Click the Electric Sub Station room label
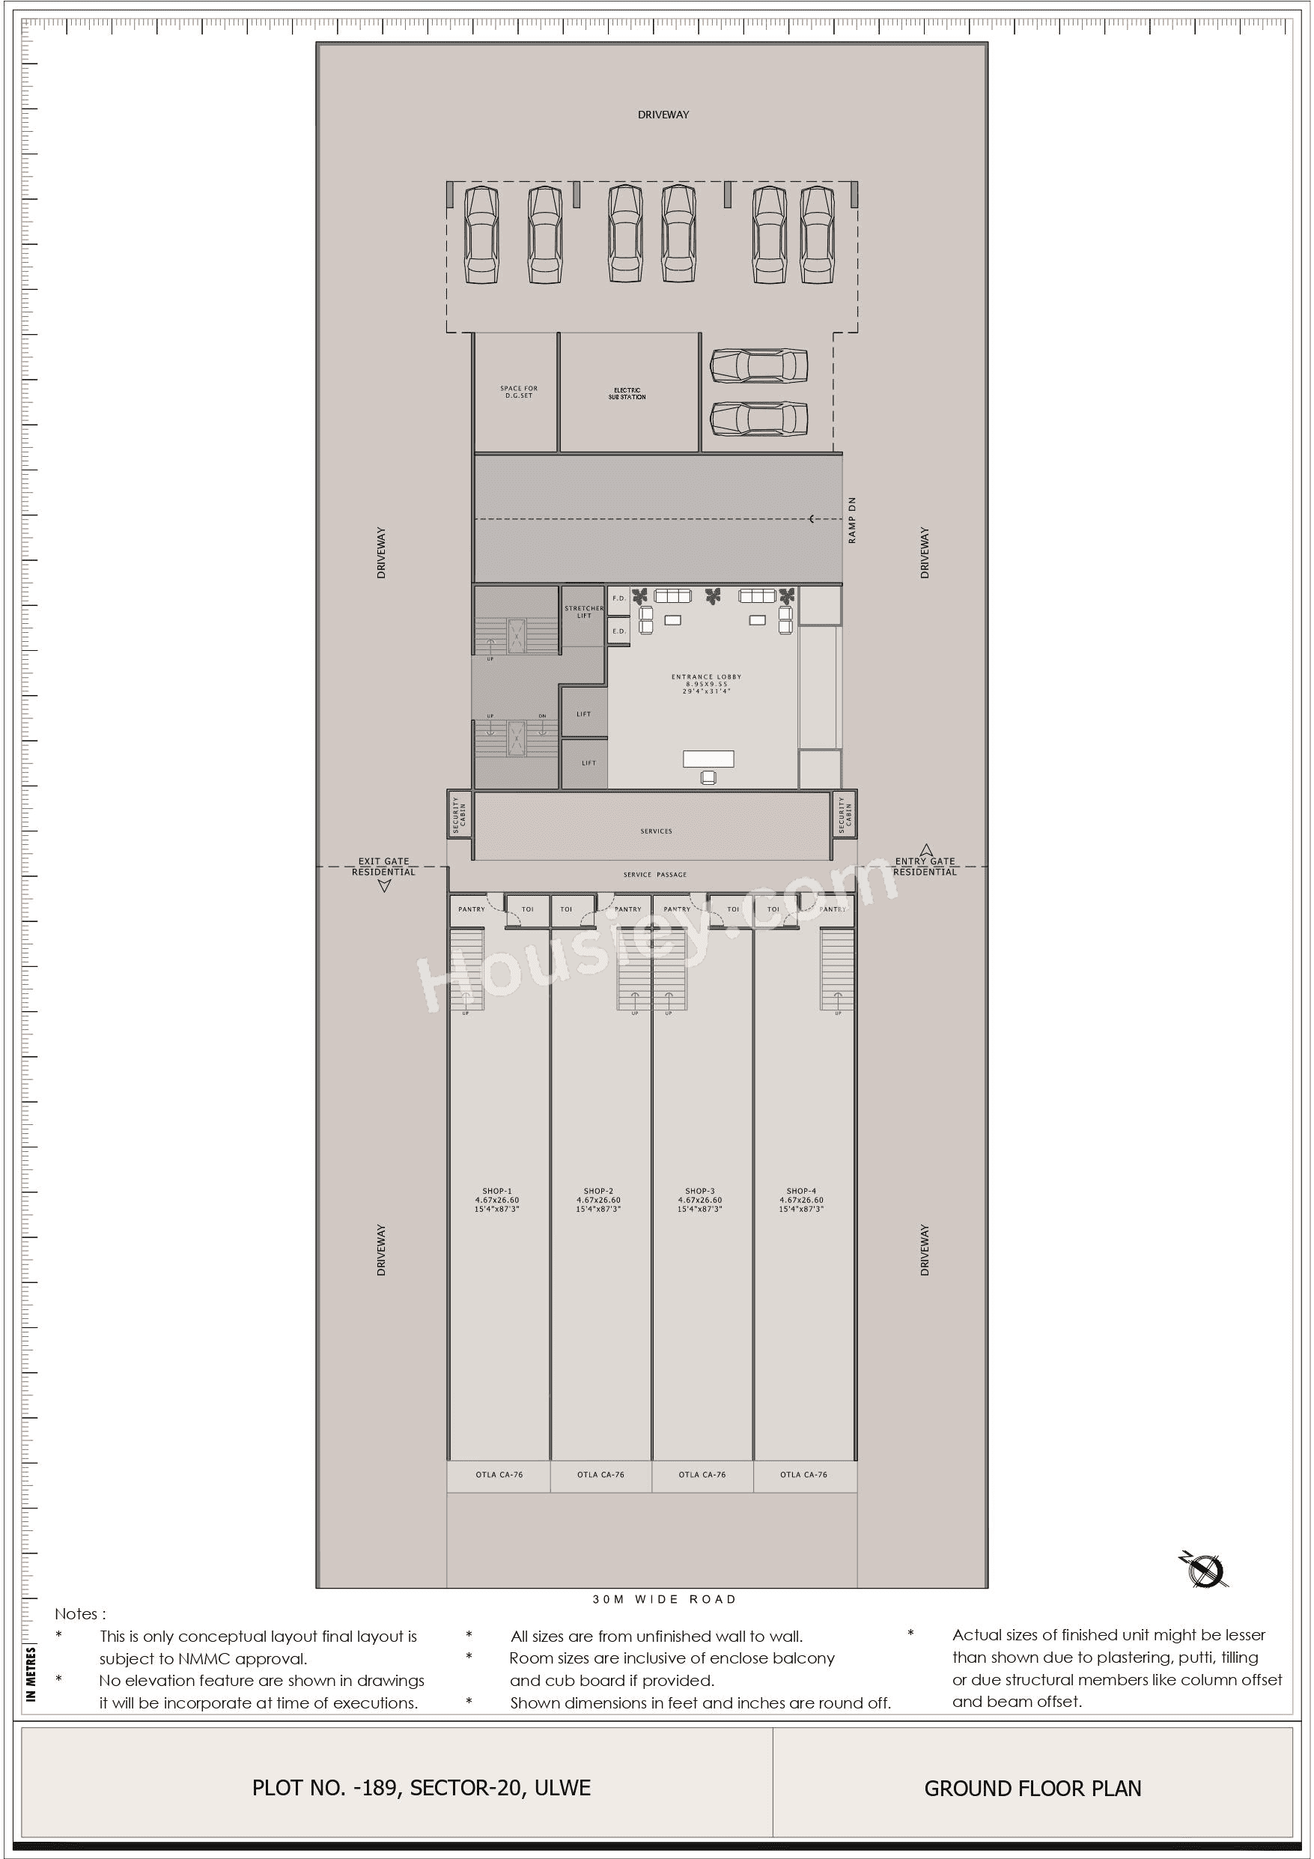coord(627,393)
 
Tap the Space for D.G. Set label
coord(518,392)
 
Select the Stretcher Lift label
coord(583,611)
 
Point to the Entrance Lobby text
coord(706,677)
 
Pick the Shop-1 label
coord(497,1191)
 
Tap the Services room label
coord(656,831)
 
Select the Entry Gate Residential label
coord(925,867)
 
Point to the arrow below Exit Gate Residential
coord(385,886)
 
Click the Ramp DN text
coord(852,521)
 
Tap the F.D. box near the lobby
coord(618,598)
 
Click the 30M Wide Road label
coord(664,1599)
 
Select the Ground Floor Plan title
coord(1032,1788)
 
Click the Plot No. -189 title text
coord(421,1788)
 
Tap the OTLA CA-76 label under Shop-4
coord(803,1475)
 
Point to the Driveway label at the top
coord(663,115)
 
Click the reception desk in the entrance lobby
coord(708,759)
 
